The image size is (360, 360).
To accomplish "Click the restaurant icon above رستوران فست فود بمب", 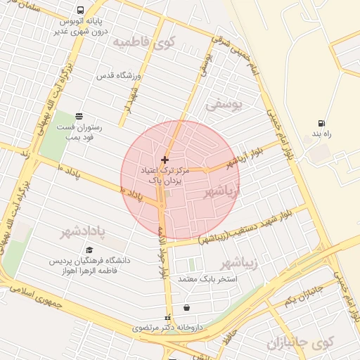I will click(x=78, y=116).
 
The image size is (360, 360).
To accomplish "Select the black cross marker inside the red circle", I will click(x=165, y=160).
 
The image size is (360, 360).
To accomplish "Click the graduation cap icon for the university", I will click(x=89, y=250).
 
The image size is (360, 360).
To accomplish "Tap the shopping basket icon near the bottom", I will click(x=186, y=307).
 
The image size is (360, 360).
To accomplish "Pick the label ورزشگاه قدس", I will click(x=119, y=75).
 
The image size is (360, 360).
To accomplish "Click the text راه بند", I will click(x=321, y=134).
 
